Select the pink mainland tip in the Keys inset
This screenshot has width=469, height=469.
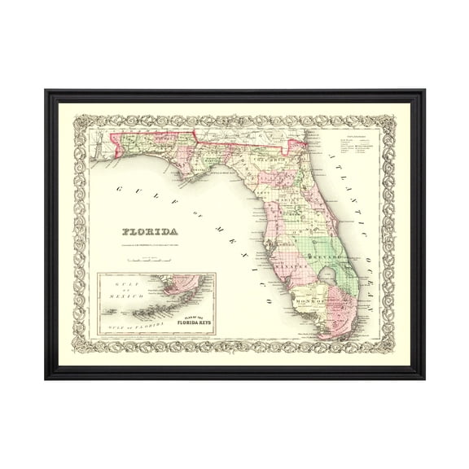click(174, 286)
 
